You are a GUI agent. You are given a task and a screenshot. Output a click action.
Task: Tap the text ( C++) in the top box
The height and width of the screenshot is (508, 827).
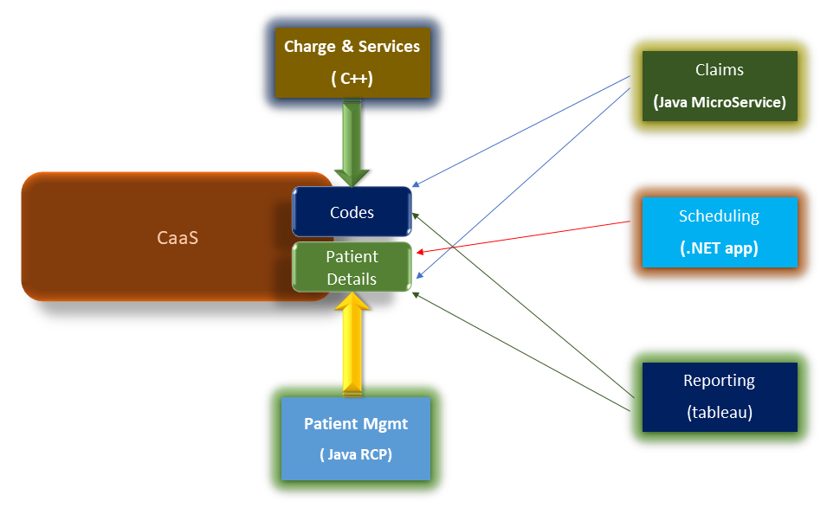(351, 79)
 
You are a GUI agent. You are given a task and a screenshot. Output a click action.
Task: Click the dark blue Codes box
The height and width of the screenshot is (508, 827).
(352, 212)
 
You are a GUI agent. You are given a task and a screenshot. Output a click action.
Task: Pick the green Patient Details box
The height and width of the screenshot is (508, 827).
(352, 267)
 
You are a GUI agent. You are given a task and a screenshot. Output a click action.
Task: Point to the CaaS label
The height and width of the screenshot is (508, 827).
(178, 236)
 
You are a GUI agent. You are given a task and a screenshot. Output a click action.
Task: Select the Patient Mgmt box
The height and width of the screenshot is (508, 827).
(355, 438)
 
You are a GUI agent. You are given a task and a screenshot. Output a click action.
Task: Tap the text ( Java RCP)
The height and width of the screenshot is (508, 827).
(355, 453)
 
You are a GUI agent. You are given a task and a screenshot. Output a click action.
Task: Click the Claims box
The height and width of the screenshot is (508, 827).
(719, 85)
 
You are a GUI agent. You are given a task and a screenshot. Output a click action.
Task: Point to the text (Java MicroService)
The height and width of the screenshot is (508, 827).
(719, 102)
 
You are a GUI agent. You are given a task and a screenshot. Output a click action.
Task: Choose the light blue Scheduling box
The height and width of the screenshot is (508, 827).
(719, 231)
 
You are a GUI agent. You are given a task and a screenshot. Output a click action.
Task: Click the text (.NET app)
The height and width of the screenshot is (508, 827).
(719, 248)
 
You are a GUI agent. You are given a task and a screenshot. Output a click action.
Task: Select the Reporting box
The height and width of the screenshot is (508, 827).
(719, 396)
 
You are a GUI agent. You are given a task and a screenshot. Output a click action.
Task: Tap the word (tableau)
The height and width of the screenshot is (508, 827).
(719, 413)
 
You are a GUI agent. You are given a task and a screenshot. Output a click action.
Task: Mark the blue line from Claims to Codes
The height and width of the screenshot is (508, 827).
(520, 131)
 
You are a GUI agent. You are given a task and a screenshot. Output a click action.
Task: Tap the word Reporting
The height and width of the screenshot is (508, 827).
(719, 381)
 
